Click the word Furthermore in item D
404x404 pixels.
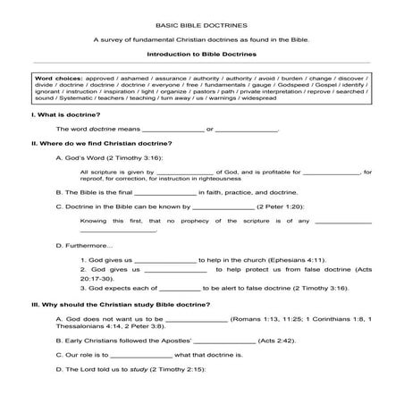click(89, 246)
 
